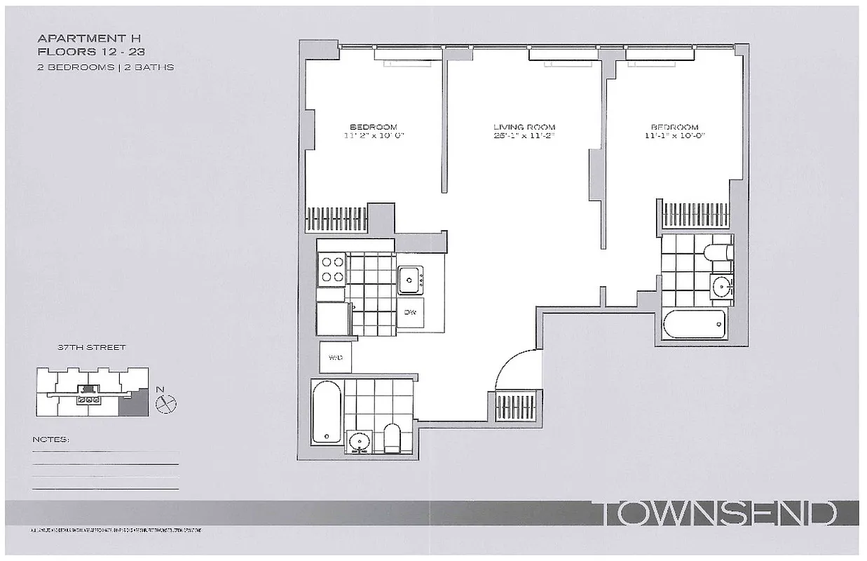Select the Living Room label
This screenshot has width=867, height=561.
[x=524, y=128]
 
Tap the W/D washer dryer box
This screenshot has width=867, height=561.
[x=334, y=358]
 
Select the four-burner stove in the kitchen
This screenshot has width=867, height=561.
[x=332, y=269]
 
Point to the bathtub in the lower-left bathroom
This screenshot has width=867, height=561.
[x=327, y=412]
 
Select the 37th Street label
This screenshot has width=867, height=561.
[x=83, y=347]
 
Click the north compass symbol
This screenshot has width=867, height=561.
[x=168, y=403]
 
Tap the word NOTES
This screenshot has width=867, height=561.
[x=51, y=440]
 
